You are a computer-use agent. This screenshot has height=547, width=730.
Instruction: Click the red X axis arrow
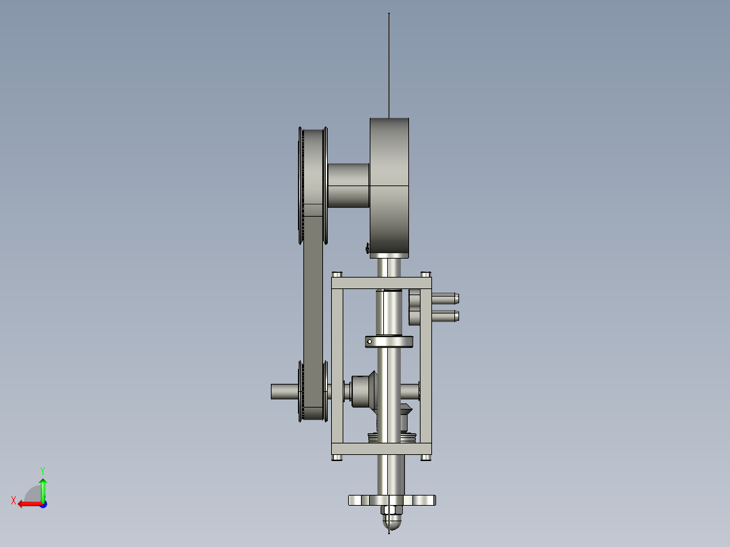pyautogui.click(x=30, y=504)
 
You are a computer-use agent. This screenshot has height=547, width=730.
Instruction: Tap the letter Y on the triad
pyautogui.click(x=43, y=471)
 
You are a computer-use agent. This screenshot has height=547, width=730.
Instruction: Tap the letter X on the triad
pyautogui.click(x=14, y=500)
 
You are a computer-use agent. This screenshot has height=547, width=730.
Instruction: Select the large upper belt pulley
pyautogui.click(x=313, y=185)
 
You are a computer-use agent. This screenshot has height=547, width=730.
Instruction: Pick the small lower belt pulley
pyautogui.click(x=313, y=391)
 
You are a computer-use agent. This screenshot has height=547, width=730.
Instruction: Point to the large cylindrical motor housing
pyautogui.click(x=389, y=186)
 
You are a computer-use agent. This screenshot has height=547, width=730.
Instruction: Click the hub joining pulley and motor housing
pyautogui.click(x=349, y=185)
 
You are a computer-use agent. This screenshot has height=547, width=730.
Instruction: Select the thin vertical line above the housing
pyautogui.click(x=389, y=65)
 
